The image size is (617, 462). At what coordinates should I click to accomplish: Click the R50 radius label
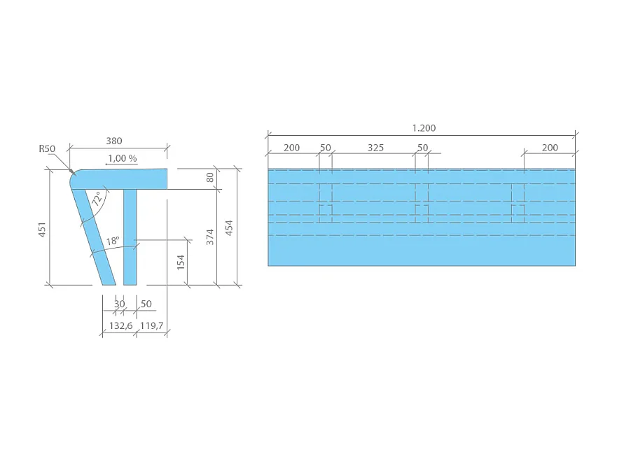[x=47, y=148]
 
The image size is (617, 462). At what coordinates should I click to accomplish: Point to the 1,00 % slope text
[x=122, y=158]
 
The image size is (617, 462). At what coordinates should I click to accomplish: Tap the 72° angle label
[x=96, y=199]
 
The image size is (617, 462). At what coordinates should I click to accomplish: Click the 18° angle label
[x=112, y=241]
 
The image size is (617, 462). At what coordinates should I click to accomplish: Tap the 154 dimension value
[x=181, y=262]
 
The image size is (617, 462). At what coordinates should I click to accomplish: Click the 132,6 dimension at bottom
[x=119, y=326]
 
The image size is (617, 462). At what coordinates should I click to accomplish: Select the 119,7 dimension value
[x=152, y=326]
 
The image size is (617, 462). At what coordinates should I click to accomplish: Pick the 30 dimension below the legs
[x=119, y=304]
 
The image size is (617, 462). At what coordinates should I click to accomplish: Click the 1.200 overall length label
[x=424, y=128]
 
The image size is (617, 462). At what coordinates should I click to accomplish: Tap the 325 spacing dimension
[x=375, y=148]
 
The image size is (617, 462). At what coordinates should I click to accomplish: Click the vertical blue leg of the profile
[x=130, y=238]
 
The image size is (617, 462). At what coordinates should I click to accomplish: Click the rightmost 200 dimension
[x=550, y=148]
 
